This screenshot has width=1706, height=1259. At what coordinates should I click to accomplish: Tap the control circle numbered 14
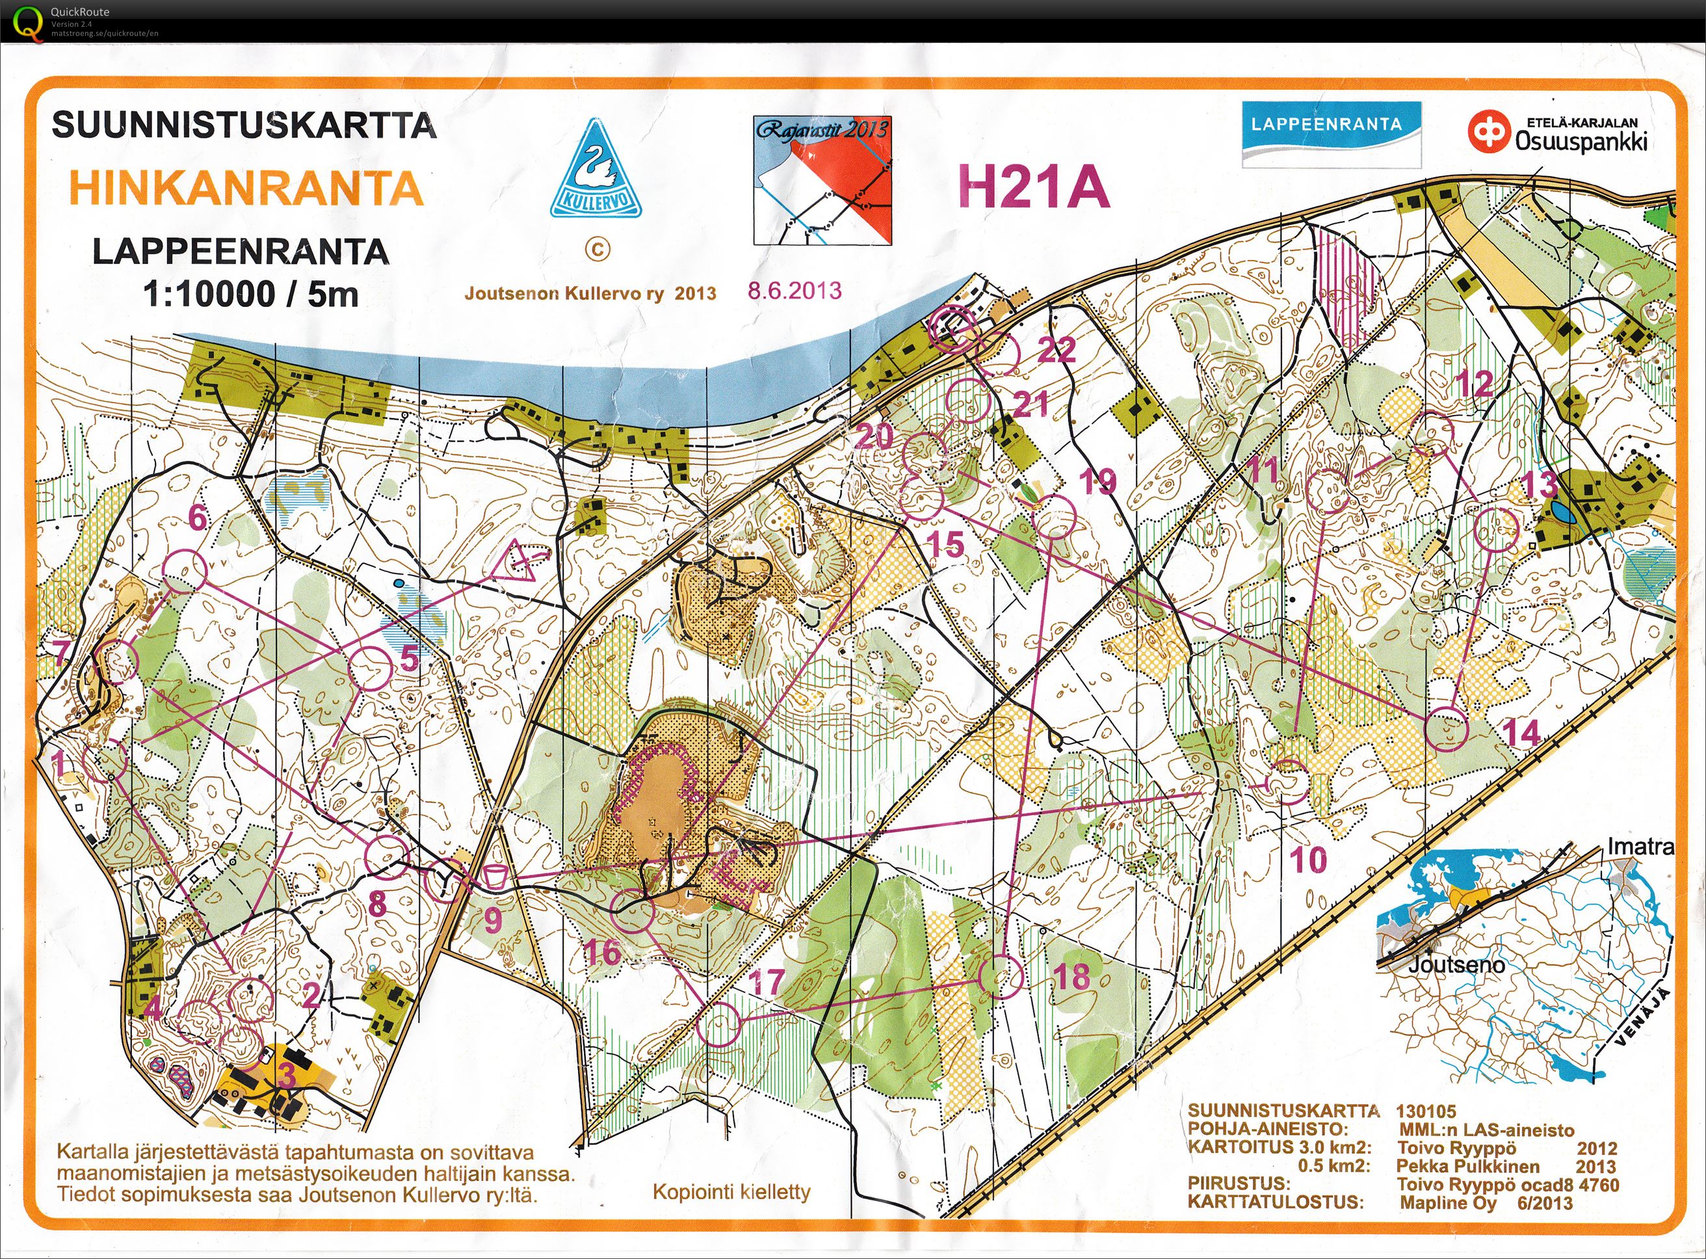point(1446,728)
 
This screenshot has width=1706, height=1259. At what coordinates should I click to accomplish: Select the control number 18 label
point(1071,976)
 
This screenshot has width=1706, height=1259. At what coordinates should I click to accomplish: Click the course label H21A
point(1032,187)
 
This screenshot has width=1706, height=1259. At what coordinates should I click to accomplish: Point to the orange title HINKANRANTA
point(246,188)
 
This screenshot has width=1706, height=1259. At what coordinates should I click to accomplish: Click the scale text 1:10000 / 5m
point(251,293)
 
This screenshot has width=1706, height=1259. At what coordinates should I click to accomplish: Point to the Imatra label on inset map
point(1640,847)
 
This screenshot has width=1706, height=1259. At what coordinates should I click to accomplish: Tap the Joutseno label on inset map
point(1456,966)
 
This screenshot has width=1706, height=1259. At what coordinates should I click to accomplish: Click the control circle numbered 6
point(185,569)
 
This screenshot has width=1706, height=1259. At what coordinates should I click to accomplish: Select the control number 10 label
point(1308,860)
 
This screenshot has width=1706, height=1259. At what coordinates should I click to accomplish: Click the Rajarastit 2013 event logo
point(822,180)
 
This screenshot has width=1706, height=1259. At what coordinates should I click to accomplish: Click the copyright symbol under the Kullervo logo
point(597,248)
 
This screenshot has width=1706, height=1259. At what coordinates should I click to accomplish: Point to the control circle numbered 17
point(718,1024)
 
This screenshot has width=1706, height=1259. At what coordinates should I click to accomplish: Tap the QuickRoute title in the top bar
point(79,12)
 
